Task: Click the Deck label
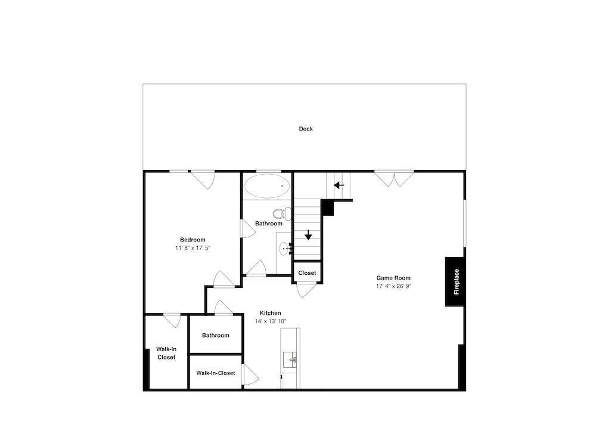point(306,129)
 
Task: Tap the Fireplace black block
point(455,282)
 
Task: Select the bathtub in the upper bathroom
point(267,186)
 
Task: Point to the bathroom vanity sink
point(285,249)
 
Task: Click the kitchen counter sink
point(290,360)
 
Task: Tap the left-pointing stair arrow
point(339,185)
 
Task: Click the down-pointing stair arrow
point(308,235)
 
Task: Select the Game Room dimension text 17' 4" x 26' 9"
point(394,286)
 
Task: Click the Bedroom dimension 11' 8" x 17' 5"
point(193,248)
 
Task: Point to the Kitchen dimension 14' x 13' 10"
point(270,321)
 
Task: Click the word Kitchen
point(270,313)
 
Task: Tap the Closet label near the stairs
point(307,273)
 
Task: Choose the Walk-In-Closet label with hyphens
point(216,373)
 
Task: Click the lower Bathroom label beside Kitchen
point(216,335)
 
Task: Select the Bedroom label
point(193,240)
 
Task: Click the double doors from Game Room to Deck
point(394,179)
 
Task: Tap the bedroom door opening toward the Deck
point(203,180)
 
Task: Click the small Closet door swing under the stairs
point(306,290)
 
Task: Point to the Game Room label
point(393,278)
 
